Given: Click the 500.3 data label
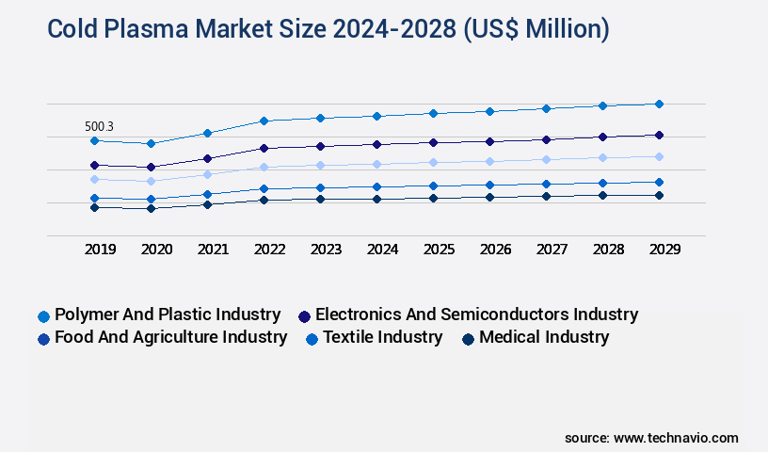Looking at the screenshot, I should tap(99, 126).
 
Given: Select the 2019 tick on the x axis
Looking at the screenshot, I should tap(100, 250).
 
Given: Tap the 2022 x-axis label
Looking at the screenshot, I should tap(269, 250).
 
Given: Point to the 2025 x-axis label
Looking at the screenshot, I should tap(439, 250).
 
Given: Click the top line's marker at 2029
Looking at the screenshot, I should tap(659, 104).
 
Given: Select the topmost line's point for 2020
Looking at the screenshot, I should tap(151, 143).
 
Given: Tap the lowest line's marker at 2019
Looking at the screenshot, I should tap(94, 207).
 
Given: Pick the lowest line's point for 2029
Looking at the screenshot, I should tap(659, 195).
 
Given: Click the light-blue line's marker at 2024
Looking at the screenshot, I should tap(376, 164).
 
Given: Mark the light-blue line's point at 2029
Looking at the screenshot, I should tap(659, 156).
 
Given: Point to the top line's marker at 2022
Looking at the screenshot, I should tap(264, 121).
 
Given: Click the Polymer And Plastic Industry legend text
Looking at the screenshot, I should tap(168, 315).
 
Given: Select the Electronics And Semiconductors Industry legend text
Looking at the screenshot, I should tap(476, 315).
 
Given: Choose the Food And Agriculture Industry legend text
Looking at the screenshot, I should tap(170, 337).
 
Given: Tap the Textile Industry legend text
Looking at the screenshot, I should tap(382, 337).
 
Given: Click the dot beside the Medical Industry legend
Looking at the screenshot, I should tap(467, 338).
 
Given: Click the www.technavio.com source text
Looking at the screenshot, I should tap(676, 438).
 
